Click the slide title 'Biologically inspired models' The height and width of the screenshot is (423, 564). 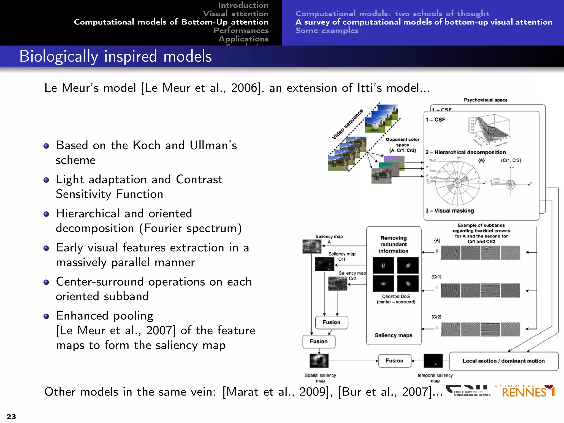pyautogui.click(x=116, y=56)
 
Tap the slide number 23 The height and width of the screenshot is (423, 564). pyautogui.click(x=11, y=416)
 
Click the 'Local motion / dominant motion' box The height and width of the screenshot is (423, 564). pyautogui.click(x=503, y=361)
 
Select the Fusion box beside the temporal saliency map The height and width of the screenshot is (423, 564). pyautogui.click(x=394, y=361)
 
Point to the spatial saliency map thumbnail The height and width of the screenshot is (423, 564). pyautogui.click(x=319, y=361)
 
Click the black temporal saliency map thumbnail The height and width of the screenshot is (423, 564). pyautogui.click(x=433, y=361)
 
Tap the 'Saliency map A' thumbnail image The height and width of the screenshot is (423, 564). pyautogui.click(x=312, y=246)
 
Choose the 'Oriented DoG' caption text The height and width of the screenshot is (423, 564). pyautogui.click(x=396, y=296)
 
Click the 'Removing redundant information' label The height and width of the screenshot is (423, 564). pyautogui.click(x=394, y=244)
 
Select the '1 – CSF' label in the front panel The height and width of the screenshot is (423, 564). pyautogui.click(x=435, y=120)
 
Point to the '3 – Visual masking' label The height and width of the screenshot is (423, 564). pyautogui.click(x=450, y=211)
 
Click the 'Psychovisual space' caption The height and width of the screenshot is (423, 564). pyautogui.click(x=486, y=100)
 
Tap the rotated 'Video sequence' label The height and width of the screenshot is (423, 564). pyautogui.click(x=347, y=124)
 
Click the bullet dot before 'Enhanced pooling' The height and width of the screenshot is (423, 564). pyautogui.click(x=46, y=316)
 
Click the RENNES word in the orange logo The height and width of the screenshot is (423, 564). pyautogui.click(x=524, y=393)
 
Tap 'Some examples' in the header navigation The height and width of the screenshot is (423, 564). pyautogui.click(x=327, y=30)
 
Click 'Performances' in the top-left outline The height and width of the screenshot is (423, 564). pyautogui.click(x=241, y=30)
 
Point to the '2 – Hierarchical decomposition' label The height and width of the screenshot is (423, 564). pyautogui.click(x=466, y=152)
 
